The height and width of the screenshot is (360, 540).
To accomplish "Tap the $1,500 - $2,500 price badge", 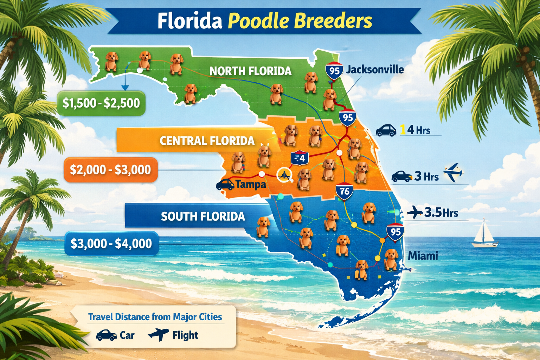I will [x=101, y=103].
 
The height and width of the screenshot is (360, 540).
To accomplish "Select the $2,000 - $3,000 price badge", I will [x=110, y=170].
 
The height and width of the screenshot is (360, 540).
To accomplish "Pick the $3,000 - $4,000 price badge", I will [x=111, y=243].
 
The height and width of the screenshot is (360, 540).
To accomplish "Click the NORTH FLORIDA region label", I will [x=250, y=71].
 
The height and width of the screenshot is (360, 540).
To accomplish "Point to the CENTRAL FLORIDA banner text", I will [x=207, y=141].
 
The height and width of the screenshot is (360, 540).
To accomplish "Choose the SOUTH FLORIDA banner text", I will [x=203, y=216].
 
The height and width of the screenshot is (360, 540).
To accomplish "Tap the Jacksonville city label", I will [x=375, y=69].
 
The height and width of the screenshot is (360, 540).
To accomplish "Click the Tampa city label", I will [x=251, y=184].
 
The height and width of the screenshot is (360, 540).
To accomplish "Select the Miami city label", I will [x=423, y=256].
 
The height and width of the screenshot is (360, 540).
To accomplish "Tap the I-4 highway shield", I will [x=300, y=158].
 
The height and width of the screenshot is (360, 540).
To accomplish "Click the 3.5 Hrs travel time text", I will [x=441, y=213].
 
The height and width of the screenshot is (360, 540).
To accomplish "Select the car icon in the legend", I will [x=106, y=335].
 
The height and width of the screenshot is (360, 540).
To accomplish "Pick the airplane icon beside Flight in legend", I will [x=158, y=334].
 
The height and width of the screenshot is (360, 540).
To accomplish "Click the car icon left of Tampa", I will [x=225, y=184].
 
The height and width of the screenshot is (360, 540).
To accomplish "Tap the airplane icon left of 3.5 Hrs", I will [x=415, y=212].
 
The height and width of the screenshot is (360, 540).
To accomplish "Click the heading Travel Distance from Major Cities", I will [x=155, y=317].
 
